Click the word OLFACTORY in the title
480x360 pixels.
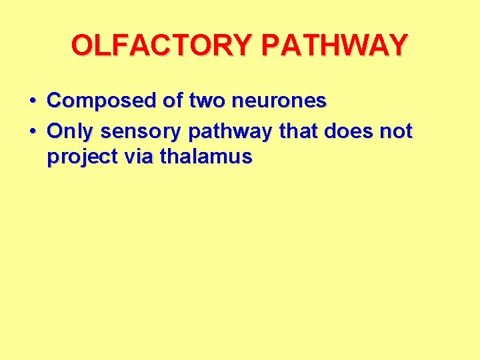point(163,45)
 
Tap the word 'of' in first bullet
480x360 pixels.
point(174,101)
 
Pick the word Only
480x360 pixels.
point(70,132)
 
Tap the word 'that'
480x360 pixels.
point(298,132)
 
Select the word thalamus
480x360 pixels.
point(206,157)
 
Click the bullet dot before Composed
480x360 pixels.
point(32,102)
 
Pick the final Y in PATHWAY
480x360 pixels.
point(397,45)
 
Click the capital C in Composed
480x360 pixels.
point(55,101)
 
